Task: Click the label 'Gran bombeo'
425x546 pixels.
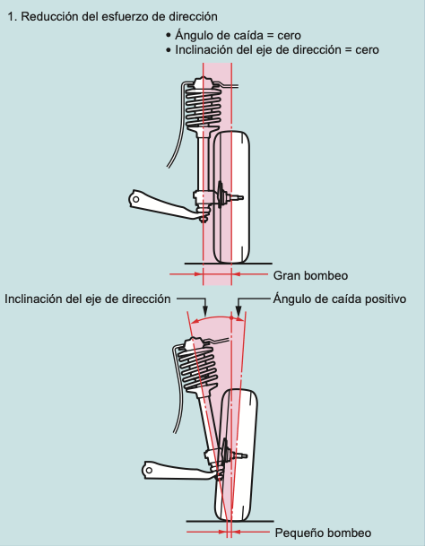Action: [310, 276]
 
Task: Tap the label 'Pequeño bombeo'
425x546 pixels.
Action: [323, 533]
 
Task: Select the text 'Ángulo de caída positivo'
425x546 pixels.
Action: [340, 299]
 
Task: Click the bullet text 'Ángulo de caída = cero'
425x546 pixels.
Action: [238, 35]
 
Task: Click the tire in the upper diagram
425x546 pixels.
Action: [231, 197]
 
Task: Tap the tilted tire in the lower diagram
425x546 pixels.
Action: [237, 455]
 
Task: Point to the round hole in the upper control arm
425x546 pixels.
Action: [136, 200]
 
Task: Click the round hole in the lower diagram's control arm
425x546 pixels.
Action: [149, 471]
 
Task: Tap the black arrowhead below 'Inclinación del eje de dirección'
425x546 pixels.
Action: [205, 310]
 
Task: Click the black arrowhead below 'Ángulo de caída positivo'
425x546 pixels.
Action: [239, 310]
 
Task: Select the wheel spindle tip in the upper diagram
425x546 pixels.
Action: [240, 198]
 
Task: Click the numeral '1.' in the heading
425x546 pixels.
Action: [13, 17]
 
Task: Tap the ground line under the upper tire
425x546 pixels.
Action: [228, 264]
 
